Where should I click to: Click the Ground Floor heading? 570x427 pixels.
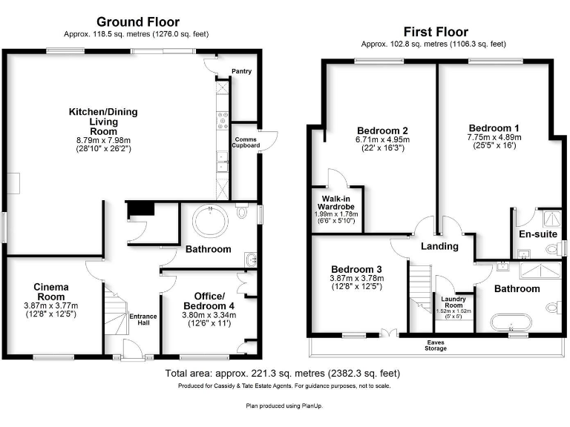point(139,21)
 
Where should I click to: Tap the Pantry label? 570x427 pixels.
point(241,72)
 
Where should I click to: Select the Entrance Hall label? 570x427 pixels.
point(143,320)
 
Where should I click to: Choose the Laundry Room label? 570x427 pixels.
point(453,302)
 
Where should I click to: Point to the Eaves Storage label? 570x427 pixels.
point(436,345)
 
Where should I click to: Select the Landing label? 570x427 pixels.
point(439,246)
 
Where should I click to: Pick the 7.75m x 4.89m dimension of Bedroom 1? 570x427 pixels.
point(494,137)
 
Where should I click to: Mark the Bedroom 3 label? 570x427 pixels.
point(357,268)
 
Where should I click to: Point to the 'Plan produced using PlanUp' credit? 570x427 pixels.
point(284,406)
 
